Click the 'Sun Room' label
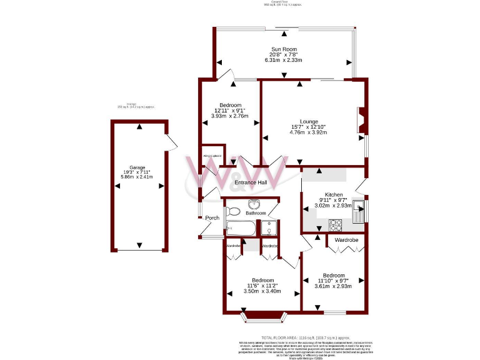[x=284, y=49]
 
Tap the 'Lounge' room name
[x=309, y=121]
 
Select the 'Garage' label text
[x=137, y=167]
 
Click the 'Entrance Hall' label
[x=251, y=182]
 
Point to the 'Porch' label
[x=212, y=217]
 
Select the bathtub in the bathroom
[x=240, y=229]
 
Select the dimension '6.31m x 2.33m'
[x=284, y=60]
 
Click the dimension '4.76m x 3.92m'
[x=309, y=132]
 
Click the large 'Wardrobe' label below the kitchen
[x=346, y=240]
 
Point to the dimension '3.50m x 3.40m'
[x=262, y=291]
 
